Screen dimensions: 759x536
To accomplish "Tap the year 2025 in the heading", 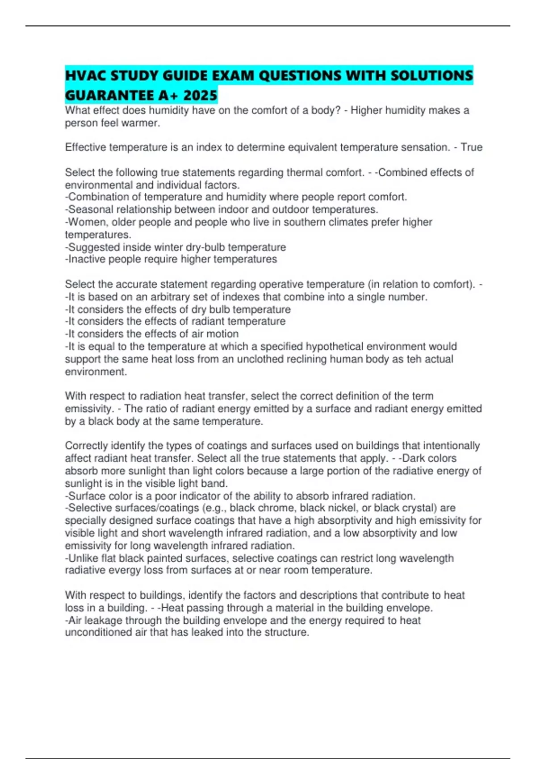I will click(x=200, y=95).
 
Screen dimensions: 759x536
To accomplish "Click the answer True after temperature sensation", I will click(x=471, y=147).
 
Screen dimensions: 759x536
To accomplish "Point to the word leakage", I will click(x=103, y=620).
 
